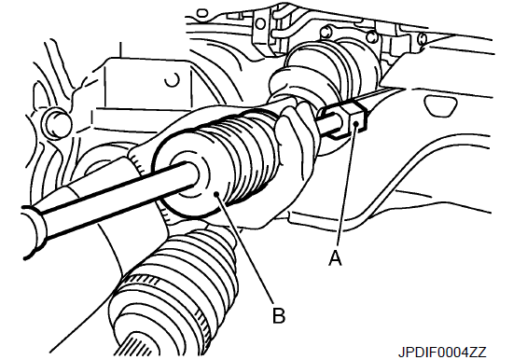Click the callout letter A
tap(335, 258)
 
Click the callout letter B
tap(279, 315)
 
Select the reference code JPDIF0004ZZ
tap(442, 353)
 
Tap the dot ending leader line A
tap(356, 123)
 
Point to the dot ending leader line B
tap(216, 194)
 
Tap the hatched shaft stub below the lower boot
tap(137, 347)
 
